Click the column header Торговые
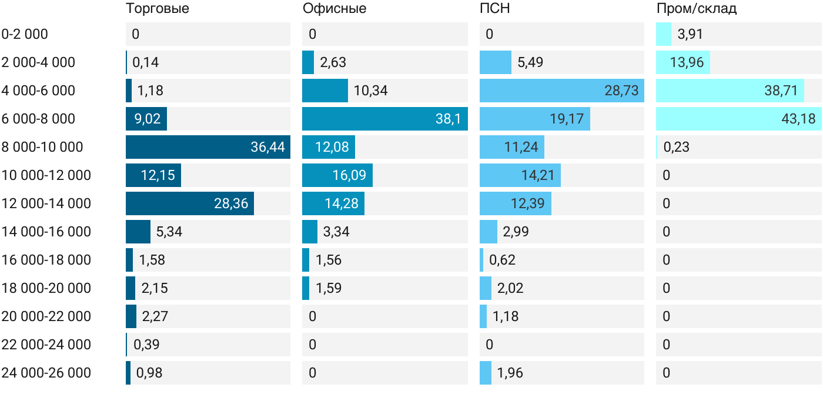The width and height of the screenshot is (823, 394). coord(158,8)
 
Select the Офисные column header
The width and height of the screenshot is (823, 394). coord(334,8)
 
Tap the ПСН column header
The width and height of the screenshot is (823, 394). coord(494,8)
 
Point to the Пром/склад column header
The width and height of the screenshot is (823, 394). coord(696,8)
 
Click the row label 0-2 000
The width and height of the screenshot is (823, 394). coord(25,34)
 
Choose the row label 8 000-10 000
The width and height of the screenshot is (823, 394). coord(42,147)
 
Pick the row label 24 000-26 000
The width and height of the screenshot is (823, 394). coord(46,373)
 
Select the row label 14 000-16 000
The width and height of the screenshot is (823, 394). coord(46,232)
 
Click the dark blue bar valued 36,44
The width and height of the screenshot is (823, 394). coord(208,147)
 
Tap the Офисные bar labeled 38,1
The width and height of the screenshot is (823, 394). coord(385,119)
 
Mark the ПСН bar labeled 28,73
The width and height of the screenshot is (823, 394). coord(562,91)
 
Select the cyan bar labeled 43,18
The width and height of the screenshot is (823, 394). coord(739,119)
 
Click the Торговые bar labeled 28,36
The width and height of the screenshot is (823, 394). coord(189,203)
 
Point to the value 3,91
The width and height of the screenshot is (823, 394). coord(690,34)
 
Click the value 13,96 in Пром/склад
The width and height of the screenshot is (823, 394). coord(687,62)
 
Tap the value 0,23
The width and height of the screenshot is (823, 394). coord(677,147)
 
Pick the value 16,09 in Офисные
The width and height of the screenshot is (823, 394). coord(349,175)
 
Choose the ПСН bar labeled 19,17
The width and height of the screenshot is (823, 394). coord(535,119)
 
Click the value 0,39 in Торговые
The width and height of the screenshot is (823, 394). coord(146,345)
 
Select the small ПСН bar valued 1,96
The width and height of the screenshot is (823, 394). coord(486,373)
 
